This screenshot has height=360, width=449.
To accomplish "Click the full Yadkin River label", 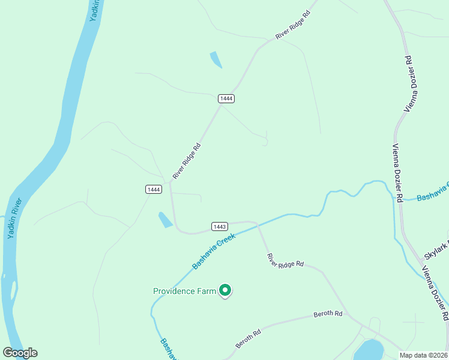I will (x=16, y=218).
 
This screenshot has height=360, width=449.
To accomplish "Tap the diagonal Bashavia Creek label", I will (x=214, y=251).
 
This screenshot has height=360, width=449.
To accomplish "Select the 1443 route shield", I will (x=219, y=226).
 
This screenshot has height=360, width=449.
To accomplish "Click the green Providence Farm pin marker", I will (x=225, y=290).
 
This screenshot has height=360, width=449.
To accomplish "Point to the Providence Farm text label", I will (x=184, y=292).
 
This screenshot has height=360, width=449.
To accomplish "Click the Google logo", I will (x=20, y=353).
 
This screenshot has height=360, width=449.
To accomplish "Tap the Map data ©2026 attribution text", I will (x=423, y=355).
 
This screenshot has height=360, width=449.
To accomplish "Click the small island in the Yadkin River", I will (x=13, y=289).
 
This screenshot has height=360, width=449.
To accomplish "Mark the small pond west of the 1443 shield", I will (x=165, y=220).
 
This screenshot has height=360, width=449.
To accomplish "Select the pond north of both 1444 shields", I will (x=215, y=59).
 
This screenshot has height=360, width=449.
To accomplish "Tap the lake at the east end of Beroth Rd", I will (x=369, y=350).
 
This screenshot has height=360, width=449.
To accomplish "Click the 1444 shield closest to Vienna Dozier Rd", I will (x=226, y=98).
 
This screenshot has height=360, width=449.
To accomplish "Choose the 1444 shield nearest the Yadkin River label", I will (x=154, y=189).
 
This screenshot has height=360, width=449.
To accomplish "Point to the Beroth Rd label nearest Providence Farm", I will (x=248, y=340).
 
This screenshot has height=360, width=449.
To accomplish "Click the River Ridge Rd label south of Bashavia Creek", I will (x=286, y=260).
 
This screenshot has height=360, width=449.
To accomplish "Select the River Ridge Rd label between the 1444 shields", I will (x=187, y=161).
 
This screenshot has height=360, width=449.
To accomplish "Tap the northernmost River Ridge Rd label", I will (x=293, y=25).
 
